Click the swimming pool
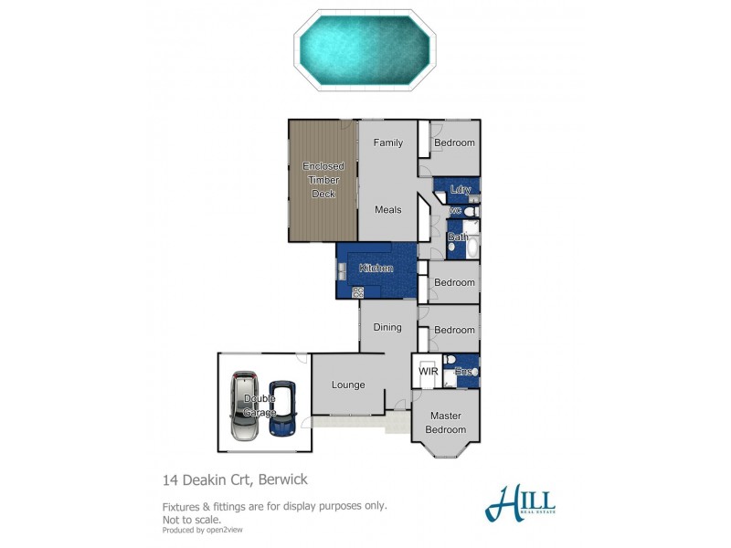tap(365, 50)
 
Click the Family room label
tap(387, 143)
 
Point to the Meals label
tap(387, 210)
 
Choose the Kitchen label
tap(376, 269)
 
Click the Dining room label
tap(387, 327)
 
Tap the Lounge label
tap(348, 385)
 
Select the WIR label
tap(429, 372)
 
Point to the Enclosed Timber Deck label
tap(323, 180)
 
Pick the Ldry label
tap(461, 190)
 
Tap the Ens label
tap(463, 372)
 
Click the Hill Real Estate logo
tap(521, 501)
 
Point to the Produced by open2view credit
tap(202, 530)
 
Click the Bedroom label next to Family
tap(454, 143)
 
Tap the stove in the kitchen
tap(358, 291)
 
